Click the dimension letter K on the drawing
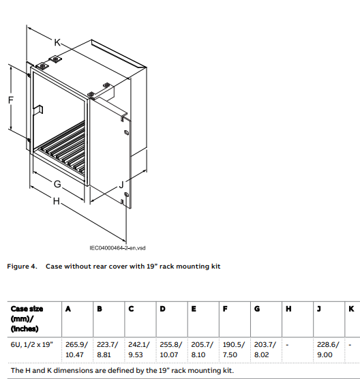[x=57, y=42]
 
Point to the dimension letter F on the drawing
[x=11, y=100]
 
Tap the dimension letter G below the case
[x=57, y=184]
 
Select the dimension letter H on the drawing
[x=57, y=201]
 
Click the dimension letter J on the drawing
[x=121, y=185]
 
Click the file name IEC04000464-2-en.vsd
[x=117, y=248]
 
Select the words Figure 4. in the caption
[x=22, y=267]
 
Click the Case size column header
[x=27, y=318]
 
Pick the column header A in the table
[x=68, y=309]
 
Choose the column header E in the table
[x=194, y=309]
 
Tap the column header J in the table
[x=319, y=309]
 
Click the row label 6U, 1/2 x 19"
[x=31, y=344]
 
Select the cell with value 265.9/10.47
[x=76, y=350]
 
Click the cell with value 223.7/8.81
[x=107, y=350]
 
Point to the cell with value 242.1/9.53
[x=139, y=350]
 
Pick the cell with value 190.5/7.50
[x=234, y=350]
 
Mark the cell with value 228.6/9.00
[x=328, y=350]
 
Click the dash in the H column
[x=287, y=345]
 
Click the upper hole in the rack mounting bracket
[x=126, y=132]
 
